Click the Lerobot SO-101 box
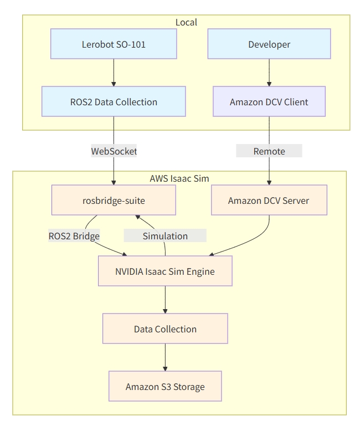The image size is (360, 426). tap(114, 44)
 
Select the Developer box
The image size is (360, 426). tap(269, 44)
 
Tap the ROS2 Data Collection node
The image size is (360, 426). tap(114, 102)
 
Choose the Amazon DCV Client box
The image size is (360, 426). tap(269, 102)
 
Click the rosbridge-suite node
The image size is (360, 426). tap(114, 200)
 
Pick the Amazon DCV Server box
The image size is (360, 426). tap(269, 200)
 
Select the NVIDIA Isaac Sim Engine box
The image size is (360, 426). tap(165, 271)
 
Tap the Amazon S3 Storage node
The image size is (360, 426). tap(165, 386)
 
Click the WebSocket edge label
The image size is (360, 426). tap(114, 151)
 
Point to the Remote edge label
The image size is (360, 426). tap(269, 151)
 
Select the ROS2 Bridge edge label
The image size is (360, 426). tap(74, 236)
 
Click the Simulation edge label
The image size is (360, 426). tap(165, 236)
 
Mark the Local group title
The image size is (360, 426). tap(186, 22)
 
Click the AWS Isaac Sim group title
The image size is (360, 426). tap(179, 178)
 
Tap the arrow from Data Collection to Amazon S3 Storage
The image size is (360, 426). tap(165, 357)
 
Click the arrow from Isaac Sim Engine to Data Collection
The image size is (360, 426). tap(165, 300)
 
